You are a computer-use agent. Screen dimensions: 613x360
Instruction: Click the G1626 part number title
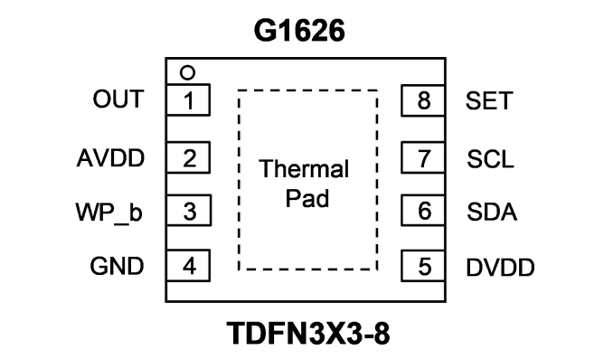299,31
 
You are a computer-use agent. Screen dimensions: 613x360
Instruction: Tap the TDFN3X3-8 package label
308,334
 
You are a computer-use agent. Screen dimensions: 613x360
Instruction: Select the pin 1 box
188,99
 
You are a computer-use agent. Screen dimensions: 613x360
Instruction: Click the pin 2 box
188,157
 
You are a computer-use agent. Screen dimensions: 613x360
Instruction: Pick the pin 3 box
189,210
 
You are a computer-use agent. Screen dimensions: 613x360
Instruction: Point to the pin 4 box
188,265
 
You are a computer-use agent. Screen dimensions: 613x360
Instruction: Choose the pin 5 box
423,266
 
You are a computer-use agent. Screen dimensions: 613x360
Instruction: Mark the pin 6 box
423,210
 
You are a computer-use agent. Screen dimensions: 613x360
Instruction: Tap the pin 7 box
423,157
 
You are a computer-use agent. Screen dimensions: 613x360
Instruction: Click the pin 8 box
423,100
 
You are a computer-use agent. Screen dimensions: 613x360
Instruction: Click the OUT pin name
118,99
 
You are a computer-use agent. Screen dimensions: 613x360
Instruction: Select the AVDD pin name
110,158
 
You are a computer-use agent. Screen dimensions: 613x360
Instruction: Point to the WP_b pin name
108,213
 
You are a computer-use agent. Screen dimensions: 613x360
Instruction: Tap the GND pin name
117,266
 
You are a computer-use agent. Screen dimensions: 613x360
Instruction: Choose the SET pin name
488,100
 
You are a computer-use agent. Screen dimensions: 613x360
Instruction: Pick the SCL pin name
490,159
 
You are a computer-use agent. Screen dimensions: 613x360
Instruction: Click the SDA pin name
492,212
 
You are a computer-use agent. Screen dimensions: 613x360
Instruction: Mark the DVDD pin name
500,268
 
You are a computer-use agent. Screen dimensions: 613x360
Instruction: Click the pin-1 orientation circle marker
187,72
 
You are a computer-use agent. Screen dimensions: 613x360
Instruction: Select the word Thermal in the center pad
304,168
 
